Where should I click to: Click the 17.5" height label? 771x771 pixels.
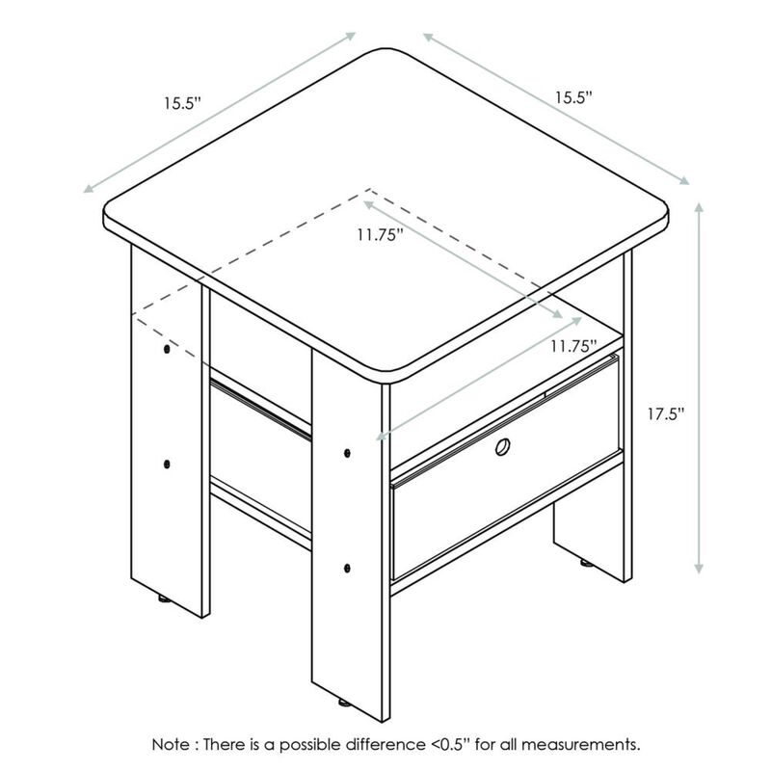click(x=666, y=414)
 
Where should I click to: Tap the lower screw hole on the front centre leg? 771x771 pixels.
click(x=346, y=567)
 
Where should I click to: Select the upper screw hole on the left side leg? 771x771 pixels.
click(x=167, y=348)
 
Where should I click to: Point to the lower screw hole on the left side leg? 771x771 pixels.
click(x=167, y=462)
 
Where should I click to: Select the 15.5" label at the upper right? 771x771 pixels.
click(x=572, y=97)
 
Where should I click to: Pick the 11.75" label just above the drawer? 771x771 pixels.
click(x=572, y=346)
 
